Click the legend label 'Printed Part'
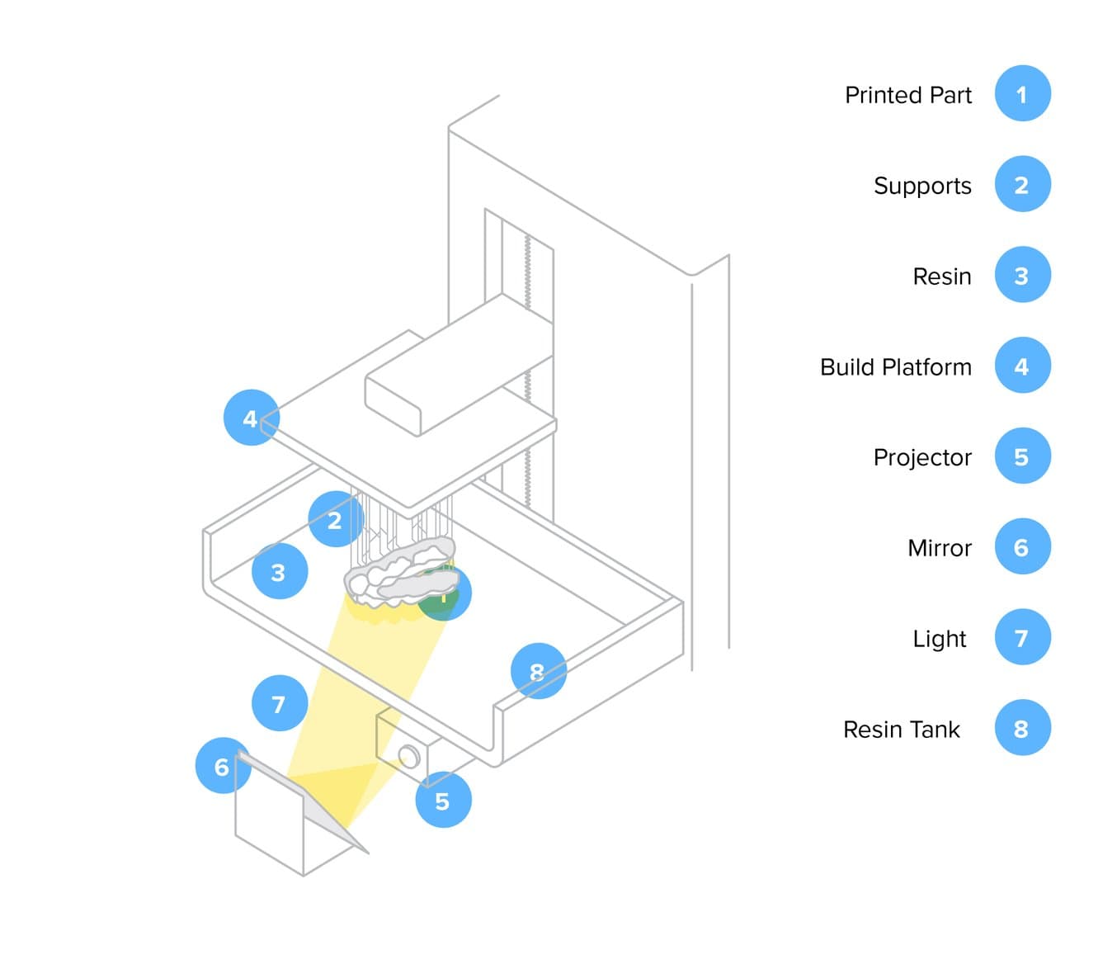click(907, 95)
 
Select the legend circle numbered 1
click(1022, 93)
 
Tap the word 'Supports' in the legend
click(921, 186)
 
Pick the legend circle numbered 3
click(1022, 275)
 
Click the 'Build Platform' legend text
click(895, 366)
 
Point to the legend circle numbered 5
click(1022, 456)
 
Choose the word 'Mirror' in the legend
click(939, 548)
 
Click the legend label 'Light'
click(939, 639)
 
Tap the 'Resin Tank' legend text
click(901, 730)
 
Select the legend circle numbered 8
click(1022, 729)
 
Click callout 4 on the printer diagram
click(251, 418)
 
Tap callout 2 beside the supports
click(335, 520)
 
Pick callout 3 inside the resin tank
click(279, 571)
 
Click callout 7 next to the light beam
click(279, 704)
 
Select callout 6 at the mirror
click(222, 767)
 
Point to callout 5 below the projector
click(443, 801)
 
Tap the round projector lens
click(408, 756)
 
